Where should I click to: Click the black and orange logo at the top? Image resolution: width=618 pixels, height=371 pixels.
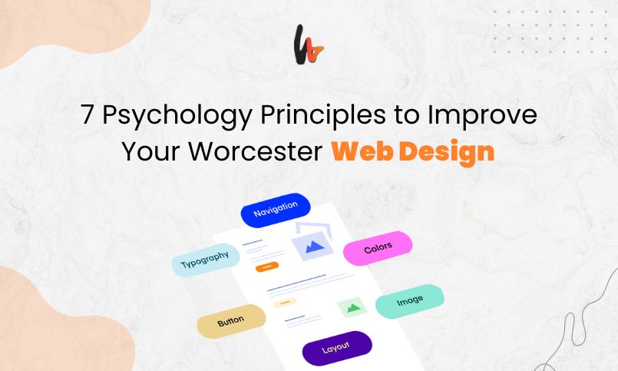point(309,44)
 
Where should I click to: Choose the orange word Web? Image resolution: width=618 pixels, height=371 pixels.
point(360,151)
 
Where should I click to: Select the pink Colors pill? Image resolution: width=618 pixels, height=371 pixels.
point(378,248)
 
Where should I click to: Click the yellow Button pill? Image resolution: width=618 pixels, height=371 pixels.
point(231,321)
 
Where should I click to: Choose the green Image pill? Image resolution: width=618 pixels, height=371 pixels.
point(410,300)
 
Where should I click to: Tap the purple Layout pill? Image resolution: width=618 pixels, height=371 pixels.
point(336,348)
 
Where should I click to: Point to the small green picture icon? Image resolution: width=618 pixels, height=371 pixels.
point(353,307)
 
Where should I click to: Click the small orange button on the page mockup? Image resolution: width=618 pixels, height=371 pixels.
point(266,267)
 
